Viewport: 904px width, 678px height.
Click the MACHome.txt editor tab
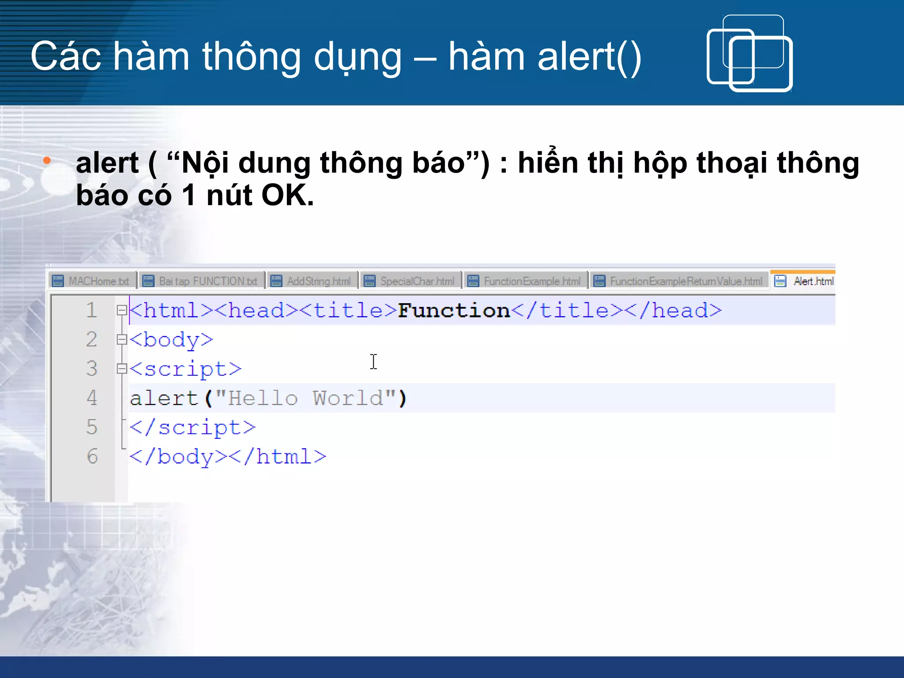click(x=92, y=281)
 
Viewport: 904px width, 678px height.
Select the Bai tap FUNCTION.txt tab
click(x=201, y=281)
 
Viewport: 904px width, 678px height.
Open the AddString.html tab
click(x=312, y=281)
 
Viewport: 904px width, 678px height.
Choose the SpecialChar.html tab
click(x=411, y=281)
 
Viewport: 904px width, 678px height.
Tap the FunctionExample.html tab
click(x=525, y=281)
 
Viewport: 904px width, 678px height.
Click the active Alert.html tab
click(x=806, y=281)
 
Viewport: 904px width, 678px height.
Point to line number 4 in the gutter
click(x=92, y=398)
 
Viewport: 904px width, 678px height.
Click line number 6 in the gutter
click(x=92, y=456)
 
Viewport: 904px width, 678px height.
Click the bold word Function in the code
click(x=454, y=311)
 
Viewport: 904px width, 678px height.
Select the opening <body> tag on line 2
click(x=171, y=340)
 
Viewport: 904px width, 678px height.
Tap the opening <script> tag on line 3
click(x=185, y=369)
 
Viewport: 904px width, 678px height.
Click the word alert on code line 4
click(x=163, y=398)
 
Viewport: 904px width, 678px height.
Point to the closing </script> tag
click(x=192, y=427)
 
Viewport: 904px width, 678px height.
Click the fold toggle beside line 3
click(x=121, y=369)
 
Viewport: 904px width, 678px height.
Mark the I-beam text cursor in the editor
click(x=373, y=362)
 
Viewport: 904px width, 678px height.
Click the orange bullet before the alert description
click(x=47, y=161)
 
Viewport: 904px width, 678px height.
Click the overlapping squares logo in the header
click(x=750, y=53)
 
